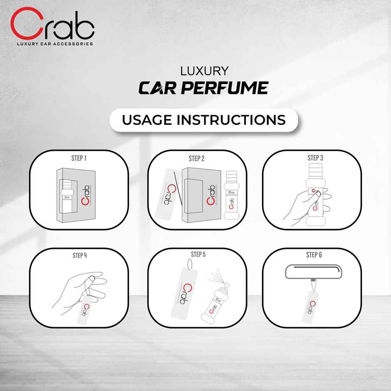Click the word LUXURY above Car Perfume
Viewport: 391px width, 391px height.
[x=204, y=71]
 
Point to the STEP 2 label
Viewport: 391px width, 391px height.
[x=196, y=158]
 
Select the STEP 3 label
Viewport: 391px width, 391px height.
[x=315, y=158]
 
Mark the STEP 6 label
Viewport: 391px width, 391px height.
[x=314, y=255]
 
